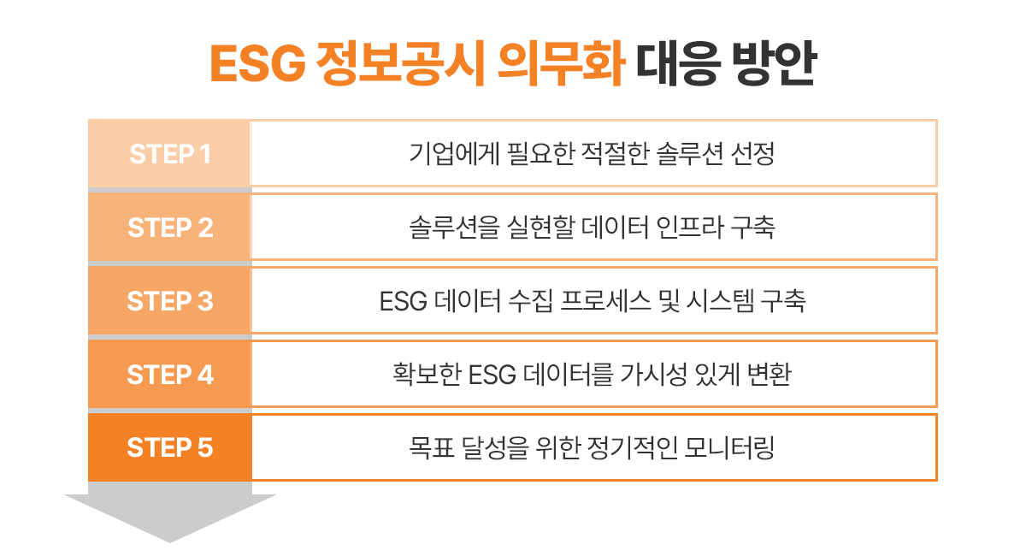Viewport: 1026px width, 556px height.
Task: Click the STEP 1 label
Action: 170,155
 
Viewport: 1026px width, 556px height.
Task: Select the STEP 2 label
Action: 170,228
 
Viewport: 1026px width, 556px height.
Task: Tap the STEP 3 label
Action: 170,302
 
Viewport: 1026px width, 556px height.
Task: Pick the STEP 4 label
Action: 170,375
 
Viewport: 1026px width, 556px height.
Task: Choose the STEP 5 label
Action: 170,448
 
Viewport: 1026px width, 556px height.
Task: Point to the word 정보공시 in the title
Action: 389,65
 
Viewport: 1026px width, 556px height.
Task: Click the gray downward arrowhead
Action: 170,517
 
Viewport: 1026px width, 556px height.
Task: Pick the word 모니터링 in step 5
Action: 729,448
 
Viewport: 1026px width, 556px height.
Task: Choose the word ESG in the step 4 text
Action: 491,375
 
